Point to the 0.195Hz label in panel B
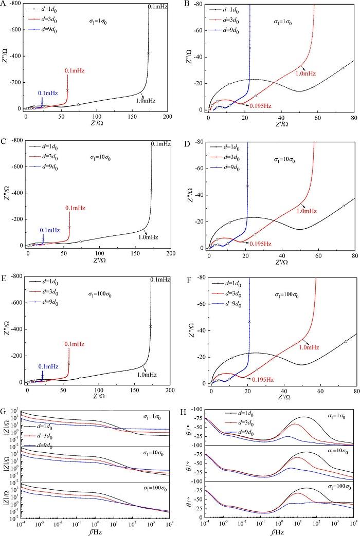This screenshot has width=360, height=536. tap(260, 105)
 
